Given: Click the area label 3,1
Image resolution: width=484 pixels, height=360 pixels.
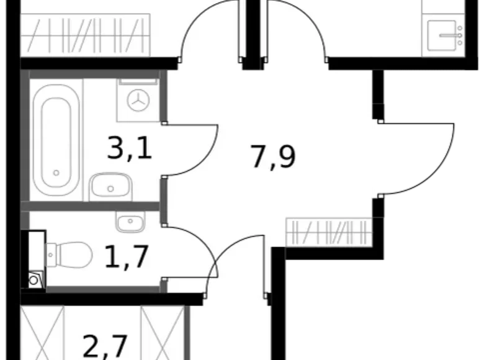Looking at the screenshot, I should (130, 150).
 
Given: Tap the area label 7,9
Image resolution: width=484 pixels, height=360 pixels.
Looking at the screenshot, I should (273, 157).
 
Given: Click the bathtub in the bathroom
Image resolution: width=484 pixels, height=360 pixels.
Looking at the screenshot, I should (56, 139).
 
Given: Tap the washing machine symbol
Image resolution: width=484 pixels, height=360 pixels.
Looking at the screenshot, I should (141, 99).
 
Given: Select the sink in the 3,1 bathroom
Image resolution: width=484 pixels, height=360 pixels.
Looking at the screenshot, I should (109, 186).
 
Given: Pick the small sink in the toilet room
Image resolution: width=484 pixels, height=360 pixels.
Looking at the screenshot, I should (128, 221).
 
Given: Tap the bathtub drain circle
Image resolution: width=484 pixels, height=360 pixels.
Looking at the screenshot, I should (56, 173).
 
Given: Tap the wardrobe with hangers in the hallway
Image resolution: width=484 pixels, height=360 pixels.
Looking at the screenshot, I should (329, 233).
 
